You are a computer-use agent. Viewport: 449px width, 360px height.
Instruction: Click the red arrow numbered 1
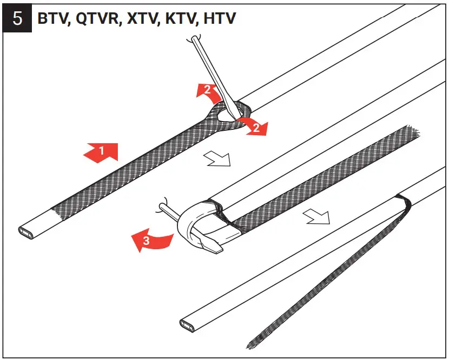[x=100, y=152]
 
